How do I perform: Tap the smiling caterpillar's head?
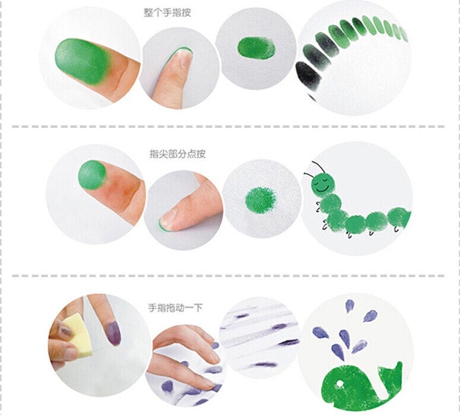tap(323, 183)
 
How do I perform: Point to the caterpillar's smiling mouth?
tap(323, 188)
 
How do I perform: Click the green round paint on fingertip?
tap(90, 173)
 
